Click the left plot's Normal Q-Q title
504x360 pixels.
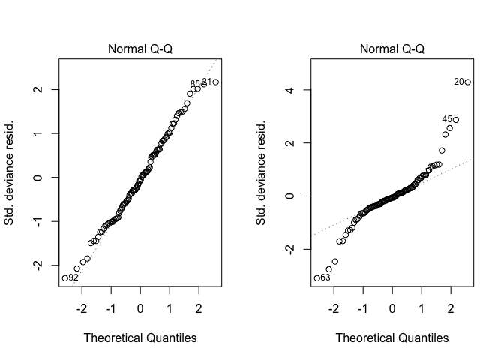(x=139, y=49)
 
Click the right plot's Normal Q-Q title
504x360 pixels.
(x=392, y=49)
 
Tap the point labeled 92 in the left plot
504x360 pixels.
(x=64, y=277)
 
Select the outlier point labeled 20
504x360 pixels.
(x=467, y=82)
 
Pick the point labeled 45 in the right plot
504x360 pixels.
(x=455, y=120)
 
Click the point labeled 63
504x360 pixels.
(x=316, y=277)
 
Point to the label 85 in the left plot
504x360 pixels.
(x=195, y=84)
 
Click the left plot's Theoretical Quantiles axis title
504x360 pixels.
(x=139, y=338)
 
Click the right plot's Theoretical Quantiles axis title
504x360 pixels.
(x=392, y=338)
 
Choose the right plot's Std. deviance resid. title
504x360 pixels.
(x=262, y=171)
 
